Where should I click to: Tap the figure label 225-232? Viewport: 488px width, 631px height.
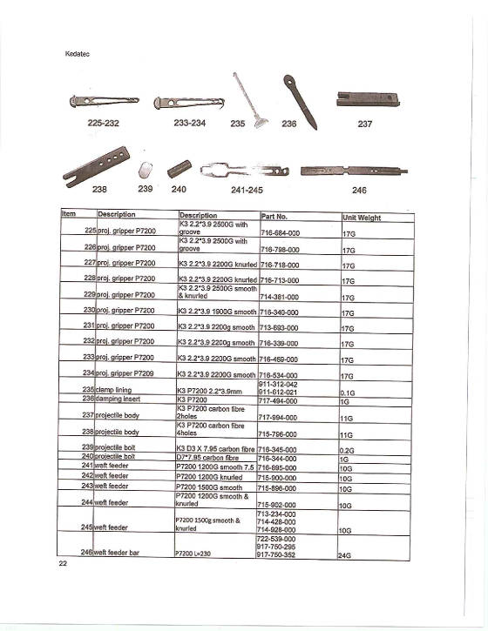click(x=105, y=124)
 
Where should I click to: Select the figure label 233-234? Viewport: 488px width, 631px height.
click(x=189, y=124)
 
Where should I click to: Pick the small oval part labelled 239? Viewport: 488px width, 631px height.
click(x=147, y=167)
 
